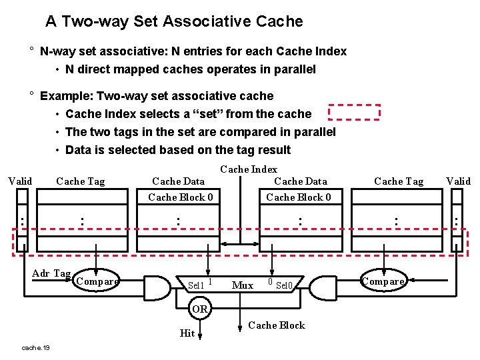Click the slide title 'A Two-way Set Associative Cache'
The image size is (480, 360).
click(x=174, y=21)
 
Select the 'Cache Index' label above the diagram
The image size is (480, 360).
click(x=249, y=169)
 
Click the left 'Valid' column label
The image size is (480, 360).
click(x=20, y=181)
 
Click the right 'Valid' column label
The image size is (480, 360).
click(x=458, y=181)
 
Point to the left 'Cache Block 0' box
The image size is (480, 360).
click(x=180, y=197)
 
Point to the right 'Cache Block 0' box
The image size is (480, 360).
click(x=299, y=197)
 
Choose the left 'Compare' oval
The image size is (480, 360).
click(x=97, y=281)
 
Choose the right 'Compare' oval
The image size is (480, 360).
click(x=383, y=281)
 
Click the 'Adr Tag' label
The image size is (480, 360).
click(x=51, y=273)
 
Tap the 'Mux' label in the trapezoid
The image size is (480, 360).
click(x=242, y=285)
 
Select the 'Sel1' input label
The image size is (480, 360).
click(x=195, y=285)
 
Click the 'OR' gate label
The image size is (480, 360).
click(x=199, y=309)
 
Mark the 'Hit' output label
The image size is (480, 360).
click(x=187, y=333)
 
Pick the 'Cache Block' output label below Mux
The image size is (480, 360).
click(x=276, y=325)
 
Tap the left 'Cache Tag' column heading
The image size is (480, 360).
click(x=81, y=181)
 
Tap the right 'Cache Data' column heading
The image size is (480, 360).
click(x=301, y=181)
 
